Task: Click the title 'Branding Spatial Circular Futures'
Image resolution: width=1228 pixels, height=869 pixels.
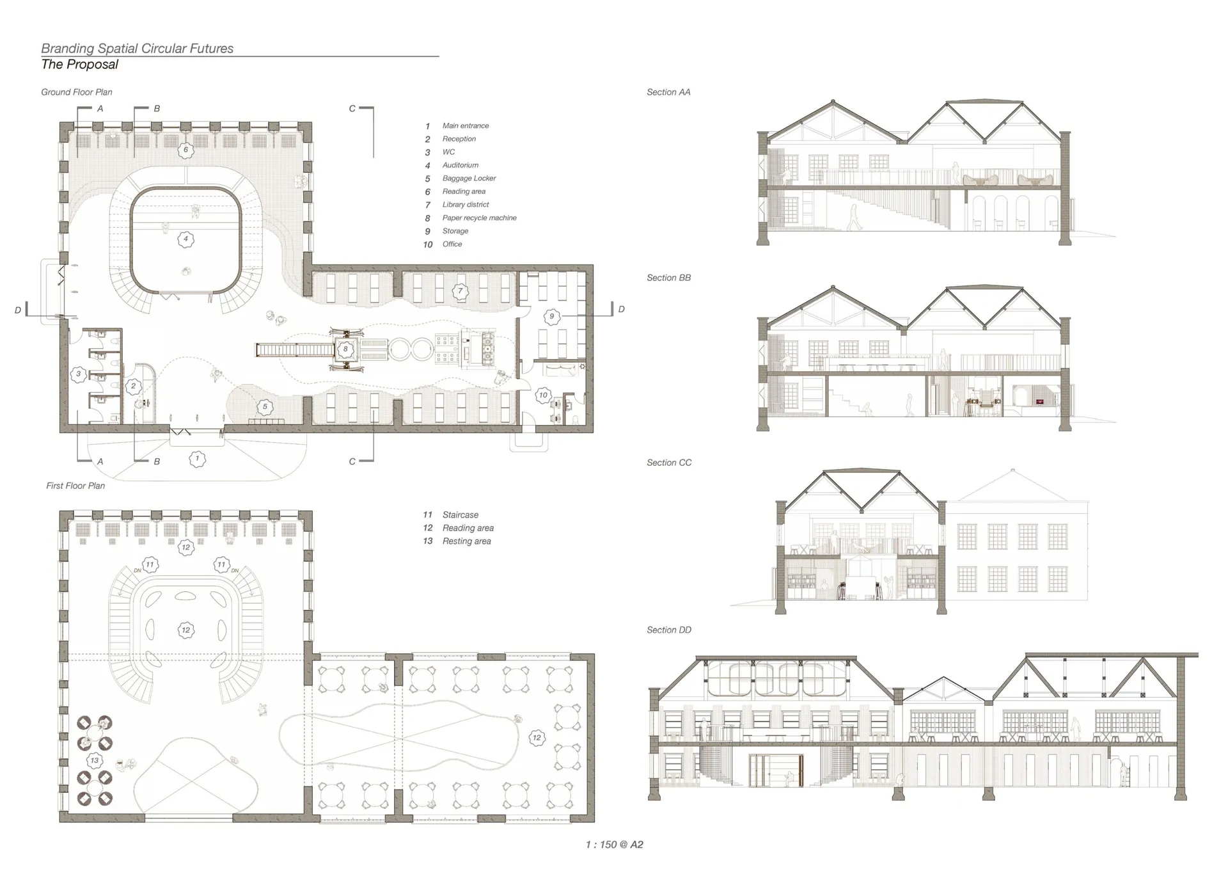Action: coord(138,49)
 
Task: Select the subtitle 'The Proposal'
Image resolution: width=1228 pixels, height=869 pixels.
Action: coord(80,65)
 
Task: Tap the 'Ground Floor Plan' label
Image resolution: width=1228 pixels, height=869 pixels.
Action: coord(77,92)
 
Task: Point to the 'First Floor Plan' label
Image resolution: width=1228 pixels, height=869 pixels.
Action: coord(75,486)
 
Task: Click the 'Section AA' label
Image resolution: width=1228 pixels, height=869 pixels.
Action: coord(668,92)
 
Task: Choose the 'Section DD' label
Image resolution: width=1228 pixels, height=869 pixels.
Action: coord(669,630)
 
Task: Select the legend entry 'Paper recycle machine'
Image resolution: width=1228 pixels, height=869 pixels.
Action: coord(480,218)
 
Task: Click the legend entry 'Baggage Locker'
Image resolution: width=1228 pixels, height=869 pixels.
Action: coord(469,179)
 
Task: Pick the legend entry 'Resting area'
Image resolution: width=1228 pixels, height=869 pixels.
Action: coord(467,541)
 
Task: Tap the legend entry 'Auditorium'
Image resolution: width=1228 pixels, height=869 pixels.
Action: coord(460,165)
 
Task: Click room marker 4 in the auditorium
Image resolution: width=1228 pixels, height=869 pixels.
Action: coord(186,239)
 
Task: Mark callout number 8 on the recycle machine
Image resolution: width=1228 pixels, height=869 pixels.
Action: coord(346,349)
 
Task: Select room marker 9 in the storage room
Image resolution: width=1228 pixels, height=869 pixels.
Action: coord(552,316)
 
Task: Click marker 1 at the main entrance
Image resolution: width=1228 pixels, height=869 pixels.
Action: coord(198,458)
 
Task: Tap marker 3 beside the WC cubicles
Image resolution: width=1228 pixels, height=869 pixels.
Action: coord(79,374)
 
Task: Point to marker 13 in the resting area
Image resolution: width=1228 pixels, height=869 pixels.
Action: coord(95,760)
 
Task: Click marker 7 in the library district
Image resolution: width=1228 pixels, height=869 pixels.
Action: coord(460,291)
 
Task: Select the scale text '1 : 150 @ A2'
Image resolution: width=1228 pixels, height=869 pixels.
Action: coord(615,845)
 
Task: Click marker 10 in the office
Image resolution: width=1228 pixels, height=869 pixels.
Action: coord(543,395)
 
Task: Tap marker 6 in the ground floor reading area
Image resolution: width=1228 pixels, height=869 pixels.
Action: coord(186,150)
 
